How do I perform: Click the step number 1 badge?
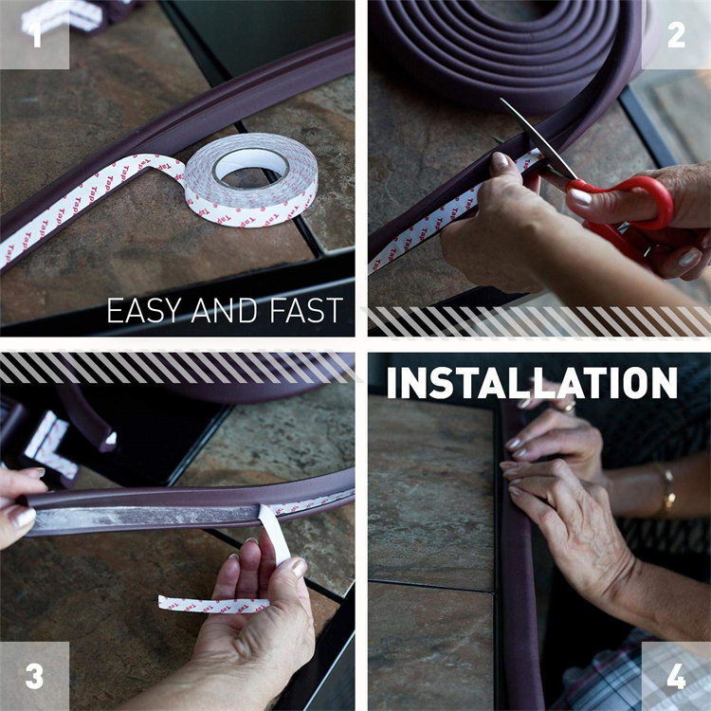pos(34,35)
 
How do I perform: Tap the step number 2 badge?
pos(676,35)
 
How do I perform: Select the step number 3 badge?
pos(34,676)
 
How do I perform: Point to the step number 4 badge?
pos(676,676)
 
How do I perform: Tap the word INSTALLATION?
pos(532,382)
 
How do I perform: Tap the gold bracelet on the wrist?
pos(668,489)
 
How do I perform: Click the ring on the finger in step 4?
pos(566,406)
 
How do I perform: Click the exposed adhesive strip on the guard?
pos(142,515)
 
